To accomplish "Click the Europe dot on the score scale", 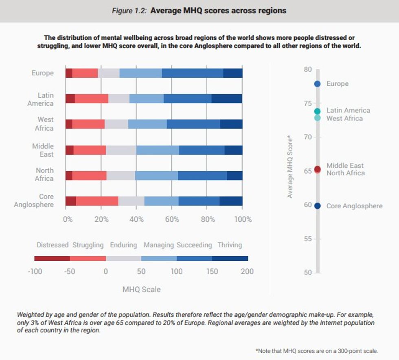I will [318, 84].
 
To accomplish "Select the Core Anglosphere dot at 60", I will [318, 206].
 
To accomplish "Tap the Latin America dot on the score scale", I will [318, 111].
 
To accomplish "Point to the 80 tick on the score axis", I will [308, 70].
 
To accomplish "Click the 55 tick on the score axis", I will [308, 239].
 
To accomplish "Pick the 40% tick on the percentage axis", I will [137, 220].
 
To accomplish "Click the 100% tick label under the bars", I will [243, 220].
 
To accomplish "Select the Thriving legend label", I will [230, 245].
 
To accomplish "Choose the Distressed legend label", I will [53, 245].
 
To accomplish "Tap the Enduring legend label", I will [123, 245].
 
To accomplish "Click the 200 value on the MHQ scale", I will [247, 271].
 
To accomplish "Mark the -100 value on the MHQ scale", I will [35, 271].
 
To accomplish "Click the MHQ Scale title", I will [141, 290].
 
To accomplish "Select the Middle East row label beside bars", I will [43, 150].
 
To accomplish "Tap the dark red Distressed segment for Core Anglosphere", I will [71, 201].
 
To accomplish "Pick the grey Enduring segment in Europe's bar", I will [109, 73].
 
